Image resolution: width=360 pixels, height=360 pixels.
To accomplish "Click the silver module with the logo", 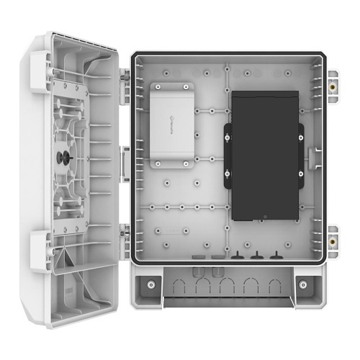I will (174, 125).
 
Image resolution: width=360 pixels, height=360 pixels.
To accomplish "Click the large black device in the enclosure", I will (264, 155).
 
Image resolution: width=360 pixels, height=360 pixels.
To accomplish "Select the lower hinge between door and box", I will (124, 234).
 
